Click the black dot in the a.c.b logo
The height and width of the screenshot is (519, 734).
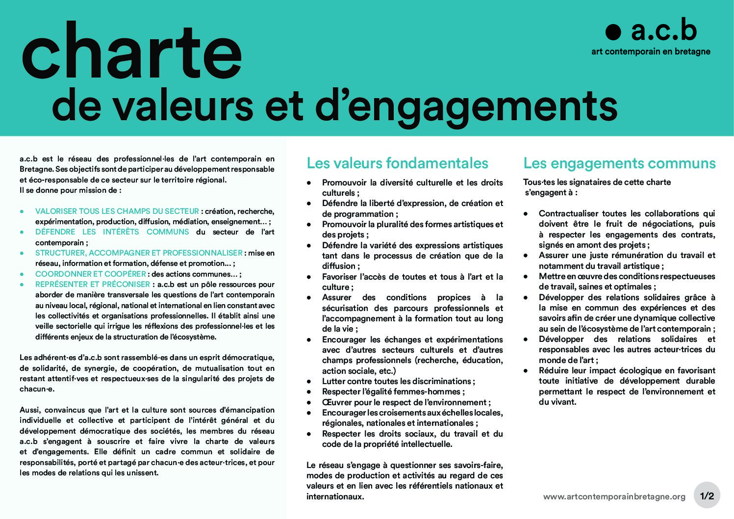[613, 32]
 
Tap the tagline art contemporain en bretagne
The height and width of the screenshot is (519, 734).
[651, 52]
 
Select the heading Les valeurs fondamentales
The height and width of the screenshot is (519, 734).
[397, 163]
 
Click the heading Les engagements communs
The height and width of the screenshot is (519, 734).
[619, 163]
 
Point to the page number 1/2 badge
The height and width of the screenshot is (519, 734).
[707, 496]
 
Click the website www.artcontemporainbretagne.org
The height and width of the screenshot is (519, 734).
[614, 496]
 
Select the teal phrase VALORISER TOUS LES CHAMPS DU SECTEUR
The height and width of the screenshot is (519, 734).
[117, 211]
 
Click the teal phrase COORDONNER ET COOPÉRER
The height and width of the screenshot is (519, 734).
[90, 274]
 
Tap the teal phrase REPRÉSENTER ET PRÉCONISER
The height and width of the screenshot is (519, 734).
[92, 285]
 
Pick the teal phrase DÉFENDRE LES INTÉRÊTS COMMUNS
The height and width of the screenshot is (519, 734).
[112, 232]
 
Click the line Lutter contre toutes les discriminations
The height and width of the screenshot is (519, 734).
[398, 381]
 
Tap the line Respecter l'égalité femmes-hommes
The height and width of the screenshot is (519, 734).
[393, 391]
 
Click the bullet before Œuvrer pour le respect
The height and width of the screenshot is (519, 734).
[309, 402]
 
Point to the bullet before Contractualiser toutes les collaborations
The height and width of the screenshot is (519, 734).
[526, 214]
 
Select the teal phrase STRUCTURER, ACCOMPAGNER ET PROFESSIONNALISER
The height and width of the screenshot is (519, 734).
[139, 253]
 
